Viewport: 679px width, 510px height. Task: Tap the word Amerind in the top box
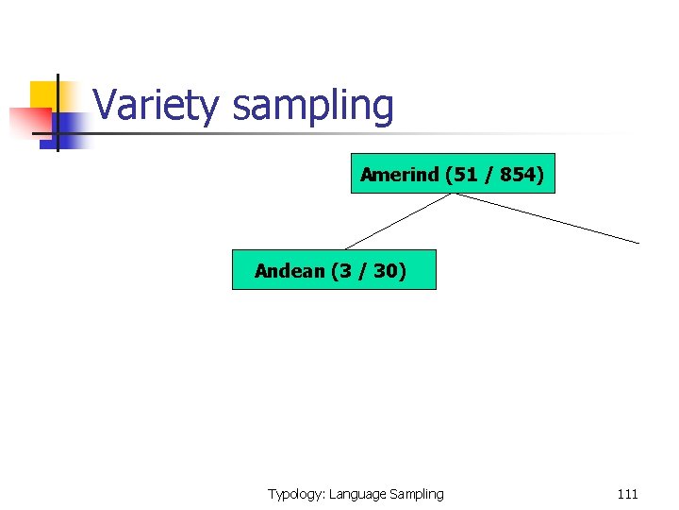click(x=400, y=175)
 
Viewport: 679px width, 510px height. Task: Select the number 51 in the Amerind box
click(x=466, y=175)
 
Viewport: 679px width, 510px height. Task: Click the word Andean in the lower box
click(x=290, y=271)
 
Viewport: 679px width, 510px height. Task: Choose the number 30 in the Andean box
click(x=385, y=271)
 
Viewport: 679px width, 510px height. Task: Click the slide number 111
click(x=627, y=494)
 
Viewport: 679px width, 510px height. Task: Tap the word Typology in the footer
click(x=295, y=494)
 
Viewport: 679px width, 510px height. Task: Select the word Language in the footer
click(x=356, y=494)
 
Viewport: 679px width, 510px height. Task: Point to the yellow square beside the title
click(x=43, y=94)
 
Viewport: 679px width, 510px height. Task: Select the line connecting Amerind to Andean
click(x=396, y=222)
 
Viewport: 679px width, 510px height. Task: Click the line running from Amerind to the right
click(x=547, y=218)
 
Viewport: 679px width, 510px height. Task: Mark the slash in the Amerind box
click(x=489, y=175)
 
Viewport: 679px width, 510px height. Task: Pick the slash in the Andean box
click(x=362, y=271)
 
